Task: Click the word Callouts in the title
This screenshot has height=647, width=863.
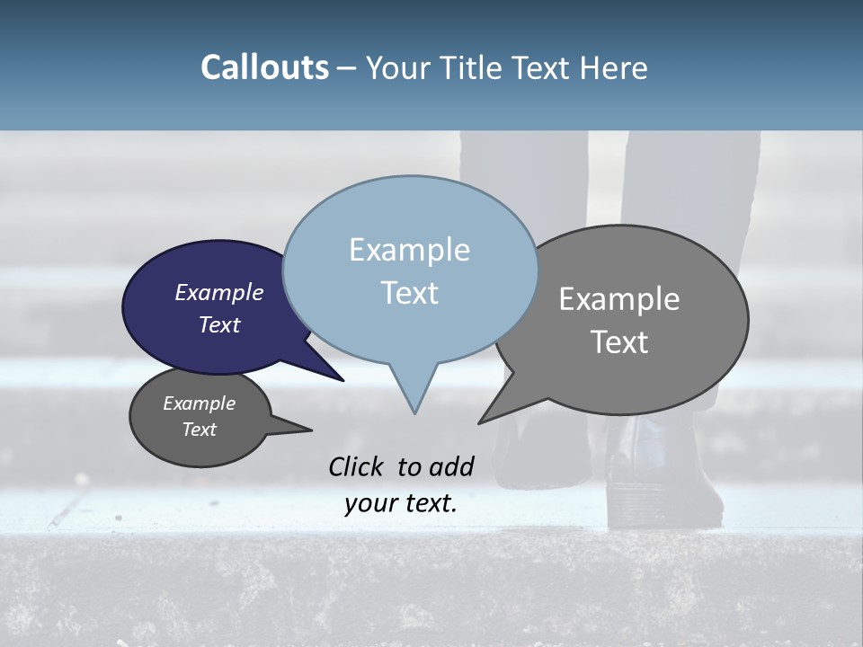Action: [264, 67]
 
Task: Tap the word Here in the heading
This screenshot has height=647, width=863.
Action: [614, 67]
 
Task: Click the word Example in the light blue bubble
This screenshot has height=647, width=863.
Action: [409, 250]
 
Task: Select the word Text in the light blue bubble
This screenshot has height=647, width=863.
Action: [409, 293]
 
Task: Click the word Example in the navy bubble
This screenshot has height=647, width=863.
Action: [218, 293]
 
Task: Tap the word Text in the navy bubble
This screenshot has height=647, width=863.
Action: [218, 324]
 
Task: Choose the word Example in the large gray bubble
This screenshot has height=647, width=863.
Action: [619, 299]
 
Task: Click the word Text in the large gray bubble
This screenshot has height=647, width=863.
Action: [619, 342]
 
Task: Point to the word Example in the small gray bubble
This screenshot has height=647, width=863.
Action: [199, 403]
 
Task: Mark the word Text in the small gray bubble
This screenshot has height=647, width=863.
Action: [199, 430]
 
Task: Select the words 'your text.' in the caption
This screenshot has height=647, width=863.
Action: [400, 503]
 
